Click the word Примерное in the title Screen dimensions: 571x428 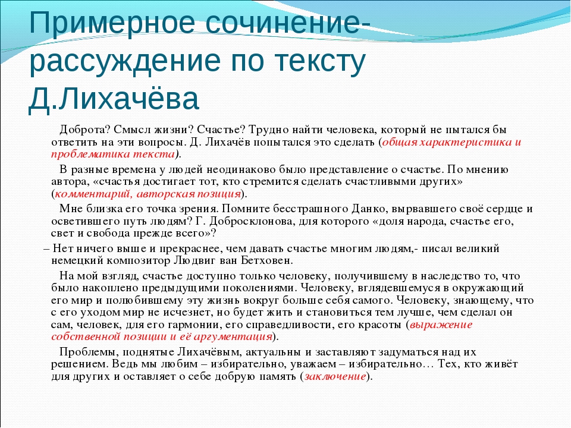112,24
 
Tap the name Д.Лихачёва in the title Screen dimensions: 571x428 114,98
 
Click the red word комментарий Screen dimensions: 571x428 93,194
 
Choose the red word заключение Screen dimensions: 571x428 335,376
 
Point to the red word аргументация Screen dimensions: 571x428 233,336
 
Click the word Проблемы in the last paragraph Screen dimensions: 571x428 87,353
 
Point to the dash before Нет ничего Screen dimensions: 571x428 46,250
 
